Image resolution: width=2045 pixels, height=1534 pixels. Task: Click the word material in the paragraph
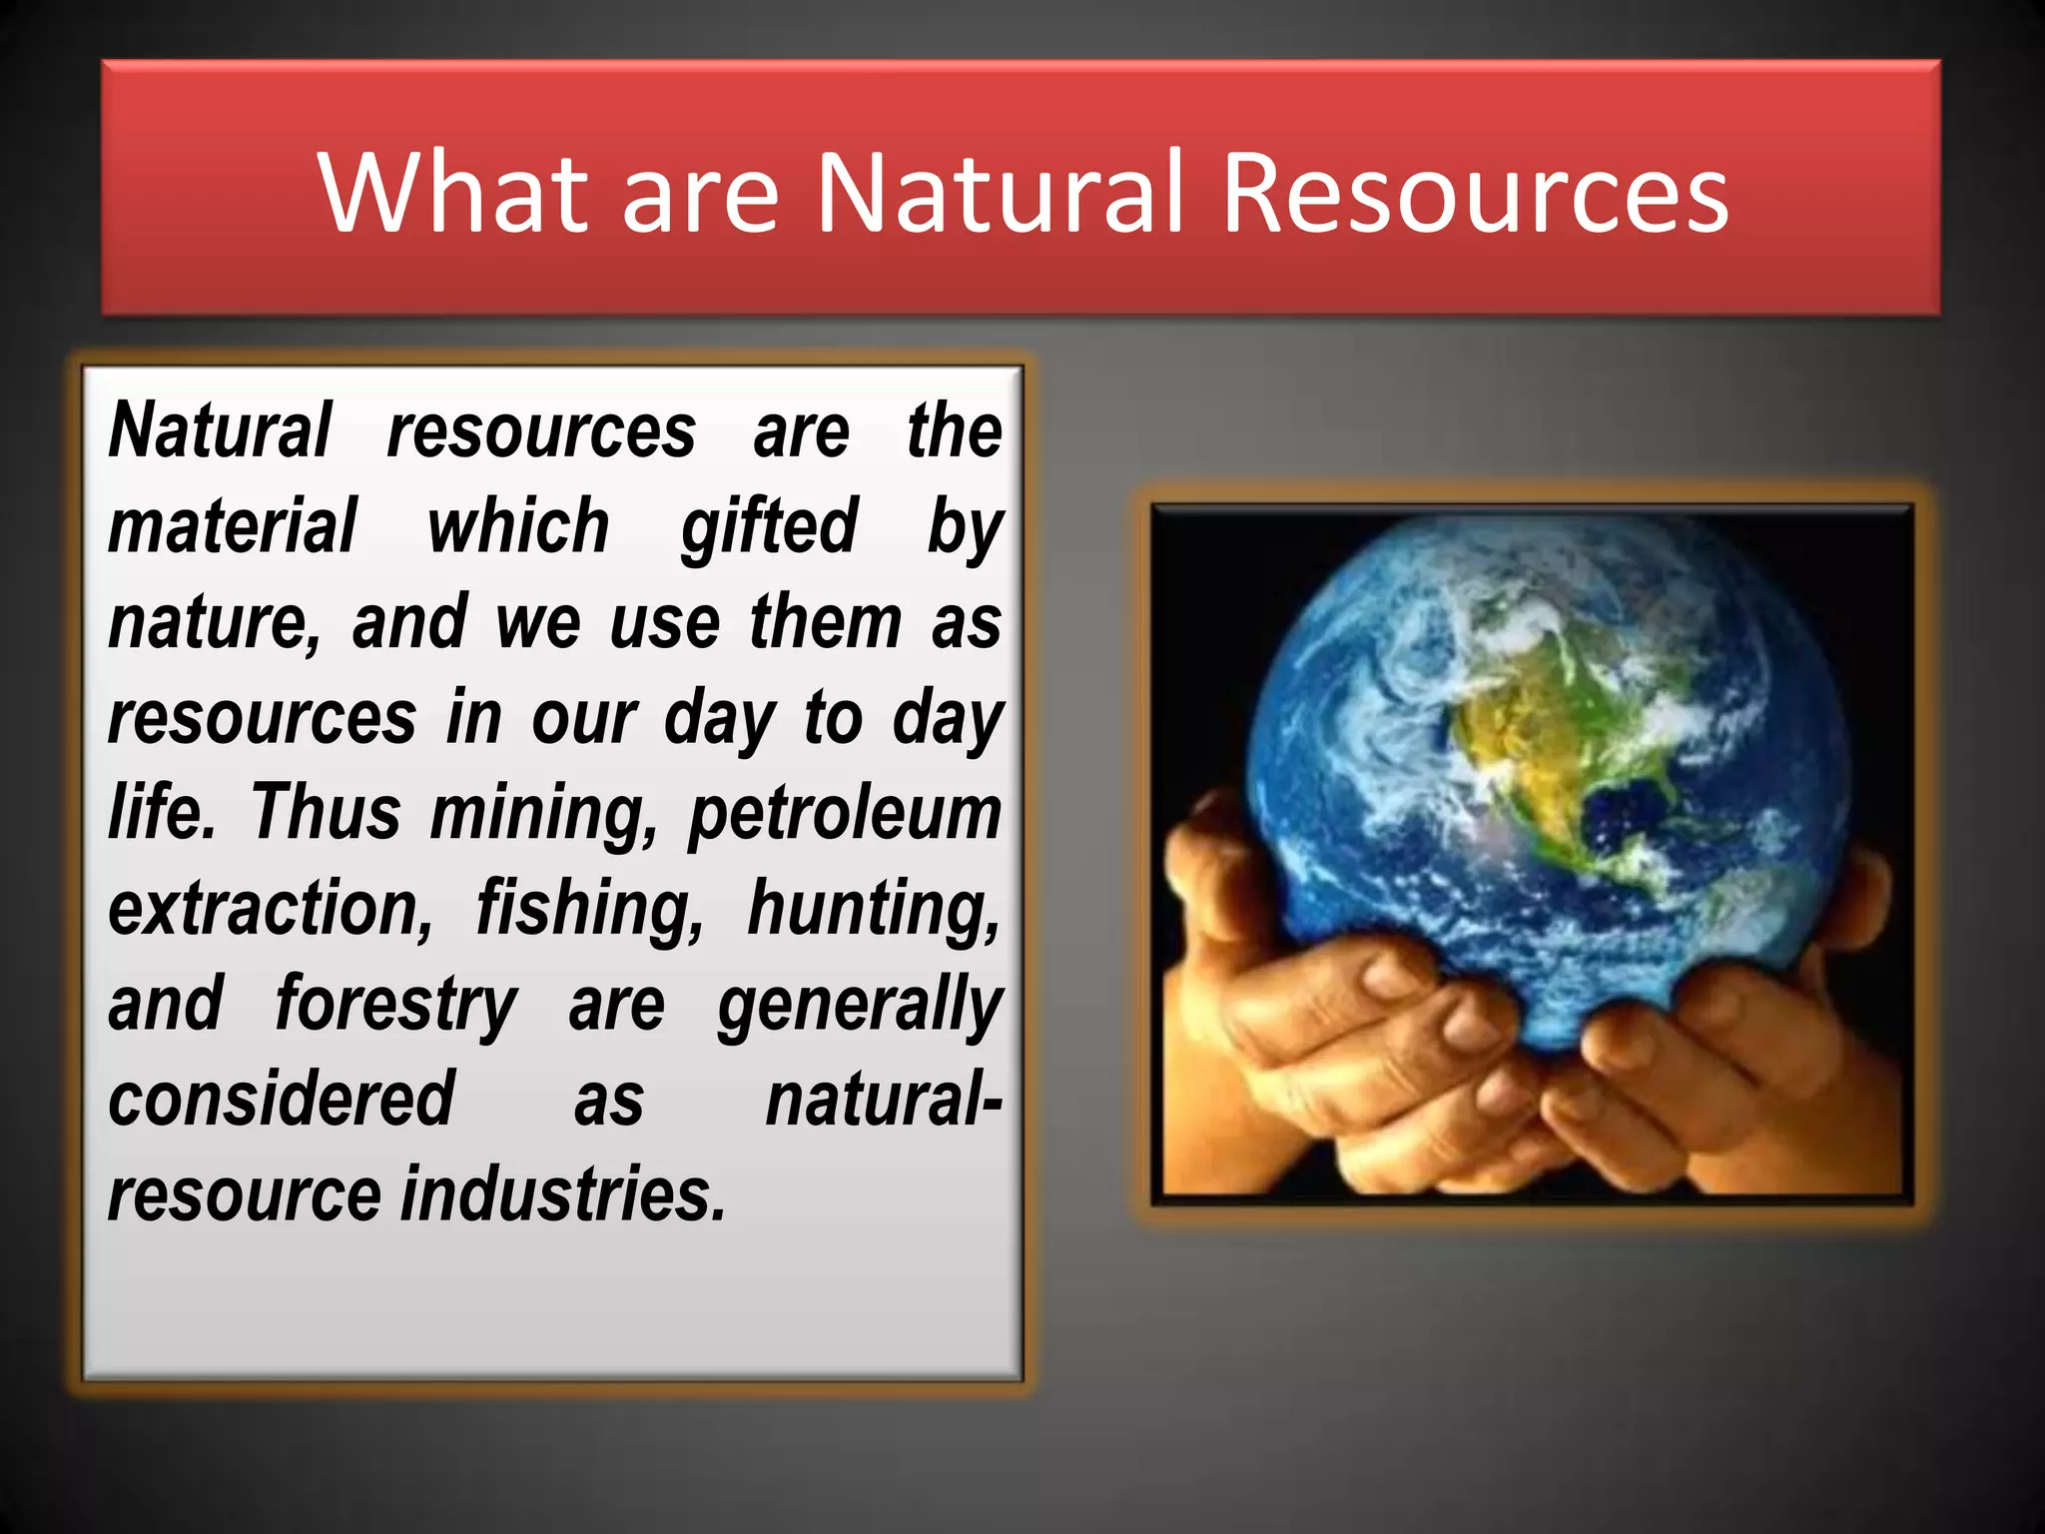[x=232, y=526]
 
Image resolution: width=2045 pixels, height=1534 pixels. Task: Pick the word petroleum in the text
[x=845, y=814]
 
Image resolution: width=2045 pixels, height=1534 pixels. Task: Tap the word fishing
[x=590, y=910]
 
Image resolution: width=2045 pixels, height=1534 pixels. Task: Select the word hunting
[x=874, y=910]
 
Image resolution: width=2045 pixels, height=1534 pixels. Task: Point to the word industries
[x=563, y=1194]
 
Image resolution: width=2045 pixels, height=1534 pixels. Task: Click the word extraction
[x=271, y=908]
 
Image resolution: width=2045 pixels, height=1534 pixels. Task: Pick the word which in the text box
[x=518, y=526]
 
